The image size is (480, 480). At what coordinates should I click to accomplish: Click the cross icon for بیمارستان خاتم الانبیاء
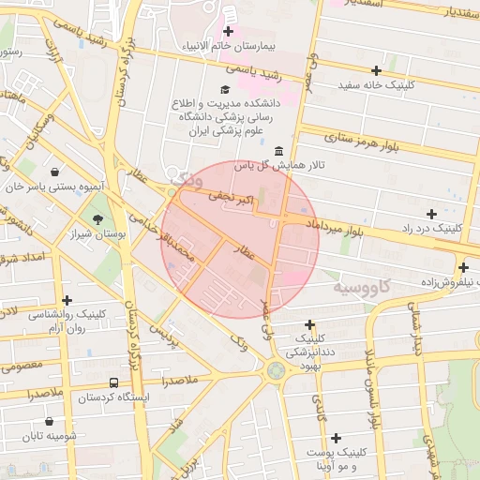tap(228, 32)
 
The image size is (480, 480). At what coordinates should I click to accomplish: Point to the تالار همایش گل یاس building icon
tap(278, 151)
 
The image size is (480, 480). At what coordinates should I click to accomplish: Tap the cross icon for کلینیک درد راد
tap(431, 214)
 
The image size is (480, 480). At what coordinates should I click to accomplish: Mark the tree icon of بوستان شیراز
tap(98, 219)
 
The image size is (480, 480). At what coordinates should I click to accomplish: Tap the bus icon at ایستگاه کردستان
tap(113, 382)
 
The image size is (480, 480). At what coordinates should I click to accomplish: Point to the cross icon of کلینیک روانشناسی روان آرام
tap(67, 299)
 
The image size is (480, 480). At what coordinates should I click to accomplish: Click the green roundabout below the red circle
tap(275, 370)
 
